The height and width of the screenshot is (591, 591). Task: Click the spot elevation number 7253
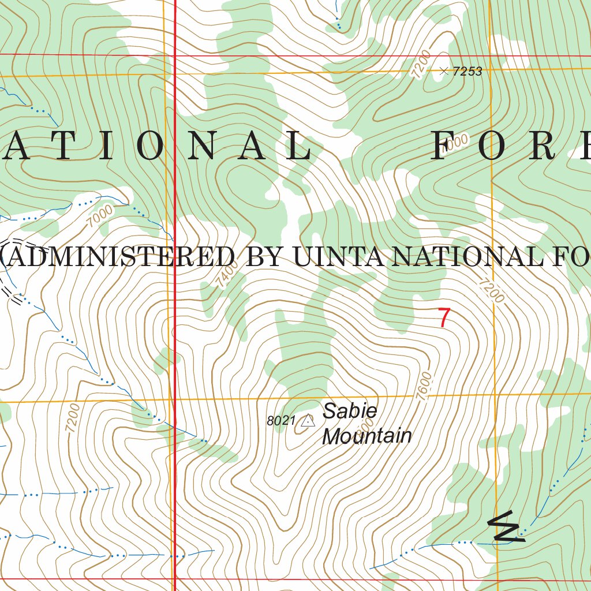(x=467, y=72)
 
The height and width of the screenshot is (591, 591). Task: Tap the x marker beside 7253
(x=443, y=72)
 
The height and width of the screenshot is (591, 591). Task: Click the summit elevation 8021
(x=281, y=421)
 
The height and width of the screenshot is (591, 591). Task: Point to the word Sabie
(x=350, y=412)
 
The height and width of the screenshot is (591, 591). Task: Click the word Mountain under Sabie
(x=366, y=436)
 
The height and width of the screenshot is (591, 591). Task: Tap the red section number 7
(x=443, y=318)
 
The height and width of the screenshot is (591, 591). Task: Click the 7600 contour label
(x=423, y=386)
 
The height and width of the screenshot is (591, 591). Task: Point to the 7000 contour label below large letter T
(x=102, y=217)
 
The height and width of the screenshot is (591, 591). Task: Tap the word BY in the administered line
(x=267, y=256)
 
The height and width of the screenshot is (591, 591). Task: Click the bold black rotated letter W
(x=507, y=528)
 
